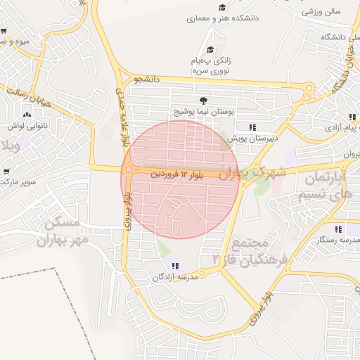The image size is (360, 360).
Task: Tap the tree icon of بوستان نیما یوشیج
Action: coord(203,101)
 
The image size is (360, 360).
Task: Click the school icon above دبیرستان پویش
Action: coord(251,127)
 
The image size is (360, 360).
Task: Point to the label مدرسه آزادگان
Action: coord(176,278)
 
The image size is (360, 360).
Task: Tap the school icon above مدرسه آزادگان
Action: coord(175,266)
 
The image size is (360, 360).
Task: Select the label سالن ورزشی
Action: coord(321,12)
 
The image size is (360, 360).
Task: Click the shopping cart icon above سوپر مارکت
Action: coord(6,171)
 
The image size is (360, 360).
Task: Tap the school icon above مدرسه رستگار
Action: coord(338,229)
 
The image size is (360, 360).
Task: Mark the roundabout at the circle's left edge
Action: coord(128,170)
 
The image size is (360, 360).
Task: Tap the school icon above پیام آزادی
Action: coord(351,117)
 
